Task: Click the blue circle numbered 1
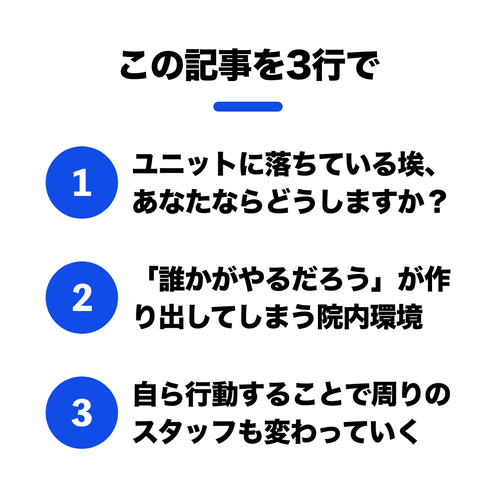pos(82,183)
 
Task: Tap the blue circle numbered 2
pos(82,298)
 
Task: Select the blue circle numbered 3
pos(82,413)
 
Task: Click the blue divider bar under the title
pos(248,107)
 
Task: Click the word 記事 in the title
pos(218,65)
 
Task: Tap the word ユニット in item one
pos(185,164)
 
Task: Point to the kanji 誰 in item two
pos(172,279)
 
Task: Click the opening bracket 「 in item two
pos(152,275)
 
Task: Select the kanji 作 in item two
pos(438,279)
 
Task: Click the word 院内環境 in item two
pos(371,317)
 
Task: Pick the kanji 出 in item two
pos(172,317)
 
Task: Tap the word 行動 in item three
pos(212,394)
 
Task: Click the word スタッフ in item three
pos(185,432)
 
